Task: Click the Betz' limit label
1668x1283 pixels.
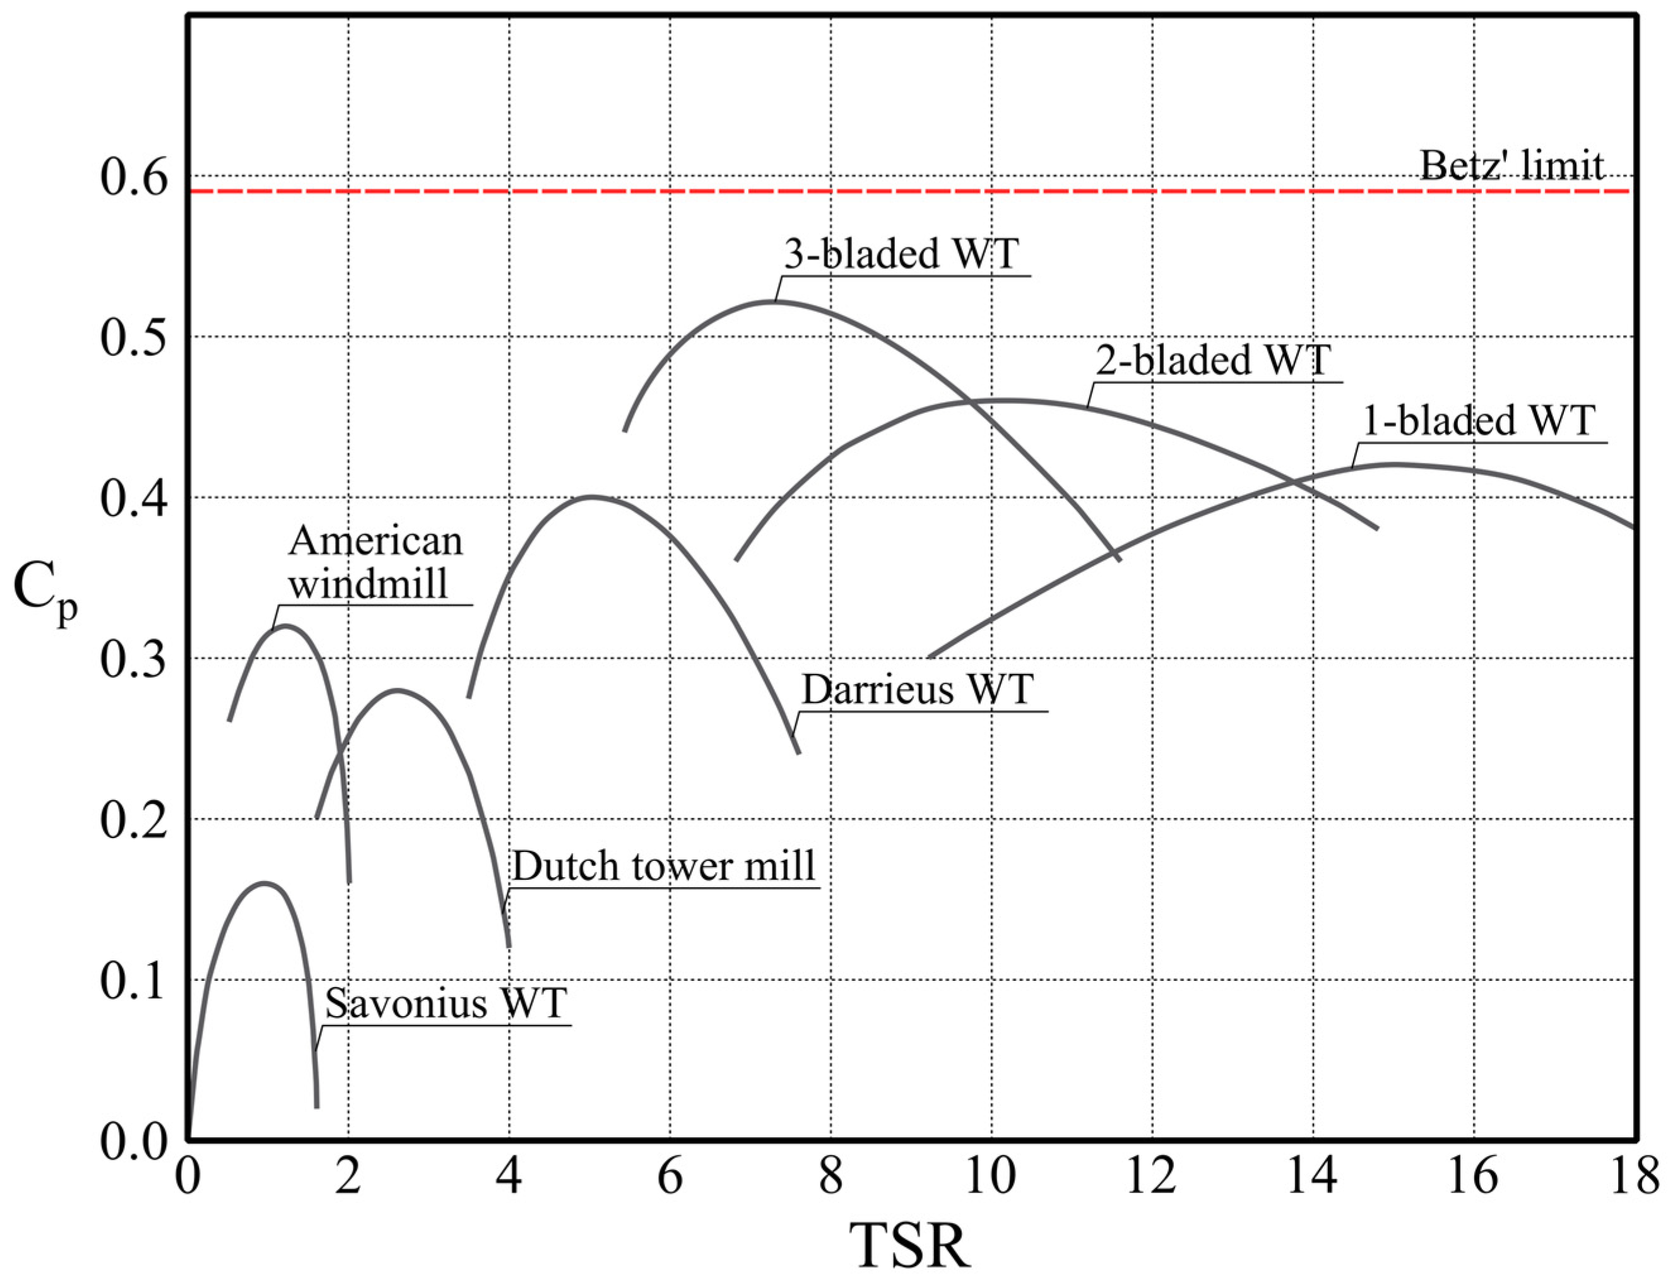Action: coord(1511,166)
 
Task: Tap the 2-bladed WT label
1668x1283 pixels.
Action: coord(1213,360)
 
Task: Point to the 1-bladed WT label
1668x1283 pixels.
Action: coord(1479,421)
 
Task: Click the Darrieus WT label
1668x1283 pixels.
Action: coord(916,690)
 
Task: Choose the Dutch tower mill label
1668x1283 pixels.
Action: coord(663,866)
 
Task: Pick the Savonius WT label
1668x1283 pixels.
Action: coord(446,1003)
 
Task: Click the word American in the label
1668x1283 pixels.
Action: coord(376,541)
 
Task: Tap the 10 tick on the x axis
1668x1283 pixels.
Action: coord(991,1177)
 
